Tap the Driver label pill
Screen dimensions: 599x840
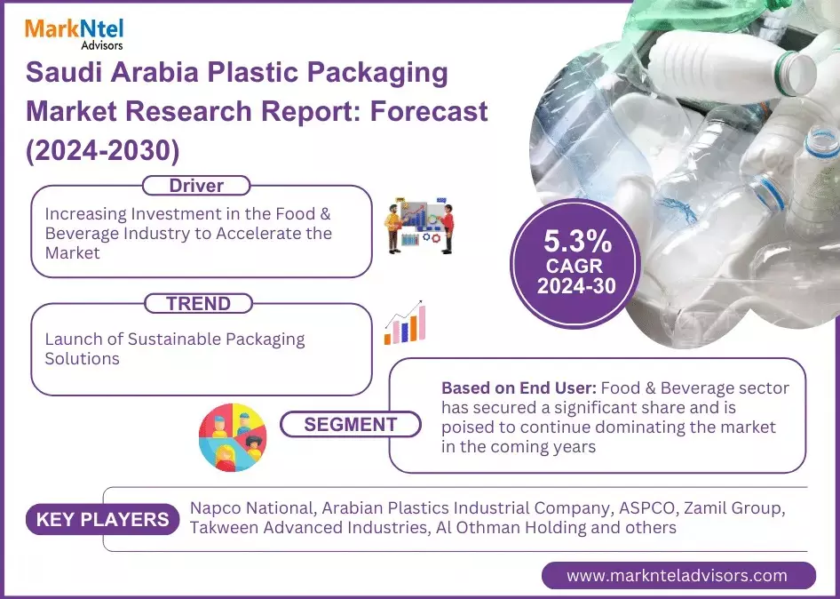196,186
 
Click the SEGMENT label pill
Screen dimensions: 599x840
350,425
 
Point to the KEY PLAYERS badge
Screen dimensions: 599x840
103,519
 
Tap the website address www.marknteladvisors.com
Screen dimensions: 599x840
678,575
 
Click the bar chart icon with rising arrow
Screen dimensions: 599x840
405,323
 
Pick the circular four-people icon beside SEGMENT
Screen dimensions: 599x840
233,437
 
